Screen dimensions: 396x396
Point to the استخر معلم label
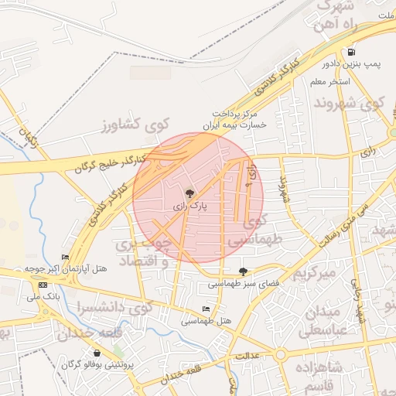click(330, 81)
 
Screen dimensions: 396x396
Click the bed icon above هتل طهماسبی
click(205, 309)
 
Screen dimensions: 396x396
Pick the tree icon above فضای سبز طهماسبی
click(244, 271)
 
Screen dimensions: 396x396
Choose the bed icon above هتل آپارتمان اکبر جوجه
click(65, 257)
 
